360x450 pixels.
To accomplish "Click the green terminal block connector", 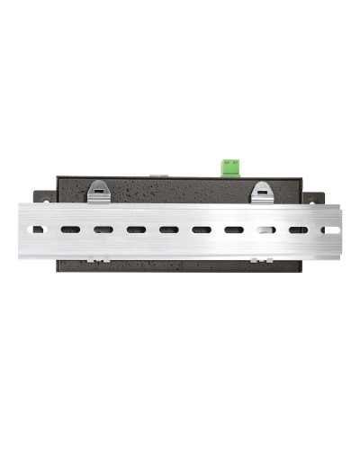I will (x=231, y=166).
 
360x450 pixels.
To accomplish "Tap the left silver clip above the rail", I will (x=98, y=191).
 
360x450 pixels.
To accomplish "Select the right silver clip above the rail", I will (x=261, y=191).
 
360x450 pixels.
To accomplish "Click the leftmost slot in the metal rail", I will (x=38, y=229).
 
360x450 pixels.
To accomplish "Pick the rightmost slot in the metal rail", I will (x=331, y=229).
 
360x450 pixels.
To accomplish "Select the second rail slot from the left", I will (x=70, y=229).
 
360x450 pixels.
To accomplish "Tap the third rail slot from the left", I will (x=103, y=229).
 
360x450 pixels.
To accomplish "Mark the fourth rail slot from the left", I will (x=136, y=229).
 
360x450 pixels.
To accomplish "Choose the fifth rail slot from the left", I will (x=168, y=229).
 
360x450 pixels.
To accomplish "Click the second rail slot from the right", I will (x=299, y=229).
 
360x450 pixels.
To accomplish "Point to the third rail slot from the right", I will (x=266, y=229).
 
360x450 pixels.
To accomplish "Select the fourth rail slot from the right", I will (x=234, y=229).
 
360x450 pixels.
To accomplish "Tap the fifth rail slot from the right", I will (x=202, y=229).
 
